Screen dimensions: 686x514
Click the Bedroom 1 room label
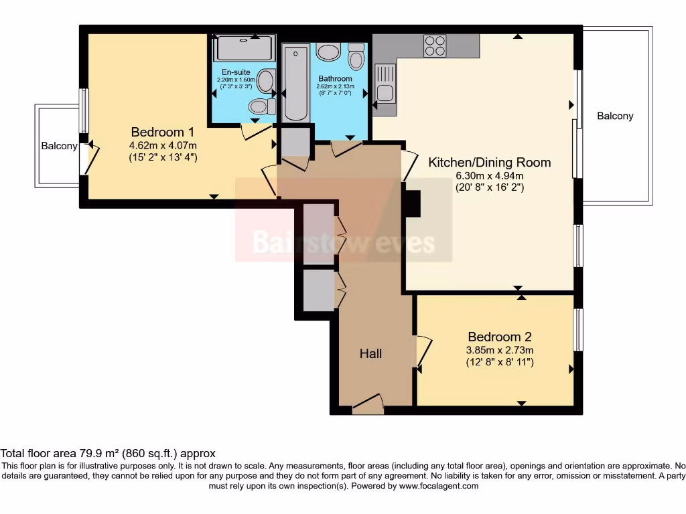point(162,132)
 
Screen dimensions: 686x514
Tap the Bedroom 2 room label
point(500,337)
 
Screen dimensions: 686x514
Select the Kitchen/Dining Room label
point(489,163)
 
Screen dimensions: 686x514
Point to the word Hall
point(370,353)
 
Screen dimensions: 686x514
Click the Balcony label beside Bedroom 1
point(59,146)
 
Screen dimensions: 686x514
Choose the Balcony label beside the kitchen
point(615,116)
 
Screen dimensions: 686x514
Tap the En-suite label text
point(236,72)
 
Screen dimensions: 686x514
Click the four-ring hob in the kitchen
point(435,46)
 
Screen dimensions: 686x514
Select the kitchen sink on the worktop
point(385,84)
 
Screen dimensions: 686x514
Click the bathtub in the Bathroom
point(296,84)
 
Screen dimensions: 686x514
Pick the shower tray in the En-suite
point(244,48)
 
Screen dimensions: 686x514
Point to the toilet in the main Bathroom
point(356,56)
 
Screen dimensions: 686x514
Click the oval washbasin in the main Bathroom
point(328,52)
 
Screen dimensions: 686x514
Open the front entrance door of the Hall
point(368,404)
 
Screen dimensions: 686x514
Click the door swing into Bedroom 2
point(423,350)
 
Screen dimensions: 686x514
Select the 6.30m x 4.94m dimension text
point(490,176)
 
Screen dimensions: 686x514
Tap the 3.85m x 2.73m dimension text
point(500,350)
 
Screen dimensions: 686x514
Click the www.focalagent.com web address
point(438,486)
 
